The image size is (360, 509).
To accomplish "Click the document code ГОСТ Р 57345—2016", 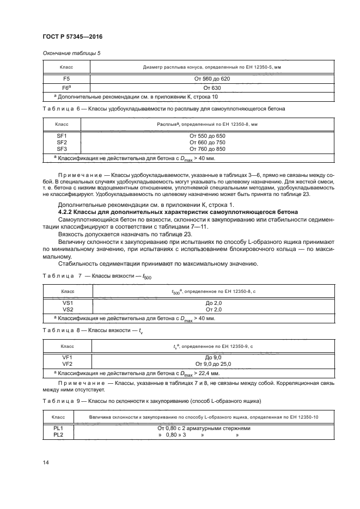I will (x=72, y=36).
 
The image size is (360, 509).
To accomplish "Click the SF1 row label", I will (x=62, y=135).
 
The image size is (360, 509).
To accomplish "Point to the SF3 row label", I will (x=62, y=148).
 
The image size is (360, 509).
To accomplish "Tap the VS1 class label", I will (x=68, y=303).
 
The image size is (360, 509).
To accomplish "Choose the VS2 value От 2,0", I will (x=213, y=309).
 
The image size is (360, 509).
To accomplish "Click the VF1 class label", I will (x=68, y=357).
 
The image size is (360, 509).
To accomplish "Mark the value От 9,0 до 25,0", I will (x=213, y=364).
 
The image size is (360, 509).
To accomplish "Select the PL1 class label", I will (x=59, y=428).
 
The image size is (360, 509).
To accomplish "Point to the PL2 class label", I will (x=59, y=435).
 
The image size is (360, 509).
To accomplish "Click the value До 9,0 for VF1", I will (x=213, y=357).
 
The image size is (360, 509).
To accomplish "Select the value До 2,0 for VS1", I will (x=213, y=303).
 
